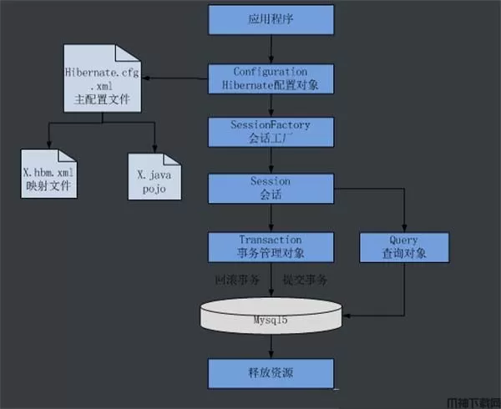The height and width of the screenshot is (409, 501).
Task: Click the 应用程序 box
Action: point(271,19)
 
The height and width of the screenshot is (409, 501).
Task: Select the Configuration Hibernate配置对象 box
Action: point(271,78)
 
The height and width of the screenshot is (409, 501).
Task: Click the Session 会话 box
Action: point(271,188)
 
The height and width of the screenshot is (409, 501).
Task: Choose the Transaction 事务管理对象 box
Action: point(271,246)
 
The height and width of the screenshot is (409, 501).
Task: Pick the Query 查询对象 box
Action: point(392,246)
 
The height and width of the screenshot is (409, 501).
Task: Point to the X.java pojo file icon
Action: point(155,177)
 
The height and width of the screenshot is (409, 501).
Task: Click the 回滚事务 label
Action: point(238,277)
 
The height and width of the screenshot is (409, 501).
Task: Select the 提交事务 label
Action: point(304,277)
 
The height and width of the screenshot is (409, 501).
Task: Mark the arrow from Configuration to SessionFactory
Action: point(271,106)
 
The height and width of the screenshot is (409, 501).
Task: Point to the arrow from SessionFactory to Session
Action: point(271,160)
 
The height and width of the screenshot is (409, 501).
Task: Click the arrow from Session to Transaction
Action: point(271,217)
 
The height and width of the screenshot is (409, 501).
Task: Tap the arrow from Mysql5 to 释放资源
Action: point(271,346)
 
